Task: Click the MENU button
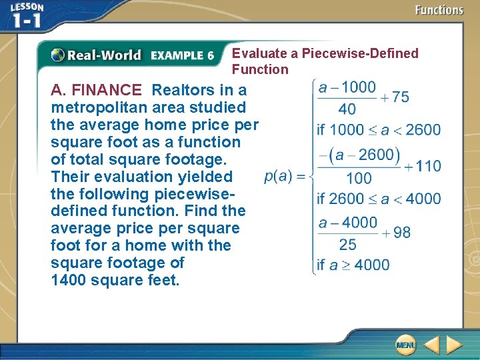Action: coord(405,345)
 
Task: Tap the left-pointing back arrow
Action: coord(431,345)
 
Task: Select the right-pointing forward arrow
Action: coord(454,345)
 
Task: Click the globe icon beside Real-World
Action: coord(58,55)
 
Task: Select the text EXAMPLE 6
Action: coord(182,56)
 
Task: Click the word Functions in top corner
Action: coord(439,10)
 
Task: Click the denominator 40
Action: coord(347,109)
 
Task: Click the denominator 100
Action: coord(359,178)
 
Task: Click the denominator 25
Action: coord(347,245)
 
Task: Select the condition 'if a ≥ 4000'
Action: coord(353,265)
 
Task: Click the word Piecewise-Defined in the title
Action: coord(360,53)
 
